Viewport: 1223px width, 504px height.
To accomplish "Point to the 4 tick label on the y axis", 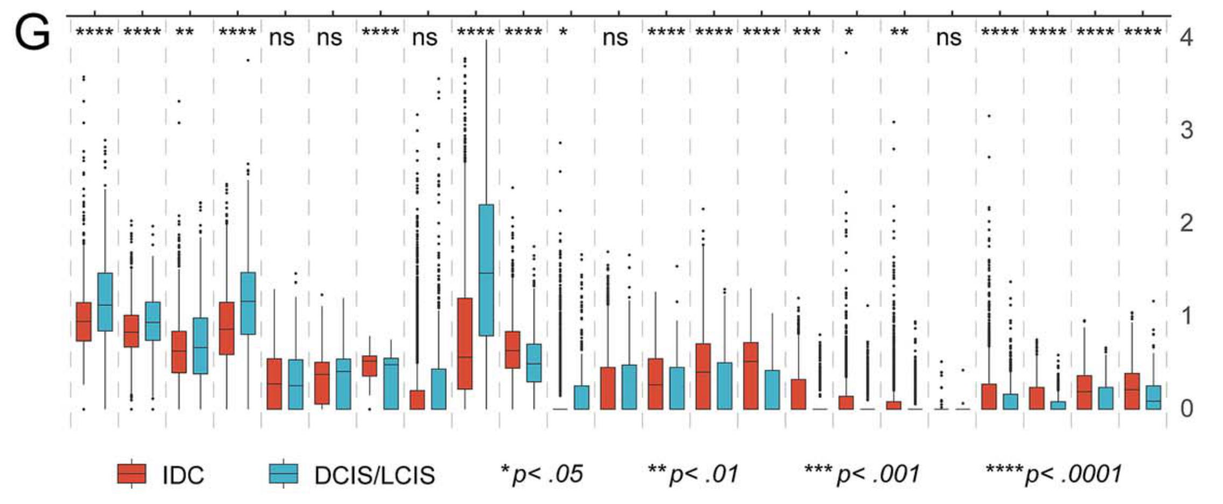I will click(1186, 38).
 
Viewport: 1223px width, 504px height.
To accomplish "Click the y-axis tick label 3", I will click(1186, 130).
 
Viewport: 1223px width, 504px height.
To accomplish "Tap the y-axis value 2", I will click(1186, 223).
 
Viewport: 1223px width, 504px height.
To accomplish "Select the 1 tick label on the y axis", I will click(1186, 316).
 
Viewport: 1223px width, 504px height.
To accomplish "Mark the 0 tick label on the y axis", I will click(1186, 409).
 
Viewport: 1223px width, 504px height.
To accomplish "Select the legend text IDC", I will click(183, 475).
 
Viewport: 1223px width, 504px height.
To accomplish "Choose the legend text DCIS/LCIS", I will click(375, 475).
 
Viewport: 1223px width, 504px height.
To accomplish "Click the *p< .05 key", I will click(542, 474).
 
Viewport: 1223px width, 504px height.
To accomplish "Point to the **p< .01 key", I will click(693, 474).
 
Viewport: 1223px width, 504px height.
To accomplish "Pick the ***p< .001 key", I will click(862, 474).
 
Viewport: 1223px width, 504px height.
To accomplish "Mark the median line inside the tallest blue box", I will click(486, 273).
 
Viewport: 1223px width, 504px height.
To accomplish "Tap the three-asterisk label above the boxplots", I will click(807, 32).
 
